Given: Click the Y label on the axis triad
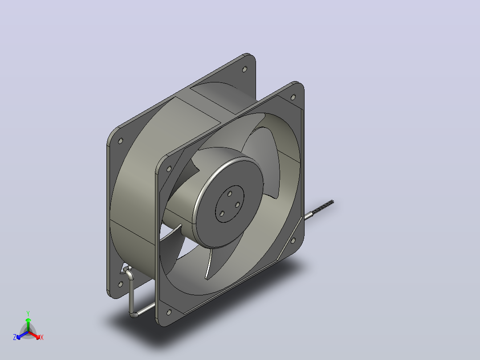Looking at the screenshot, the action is tap(28, 313).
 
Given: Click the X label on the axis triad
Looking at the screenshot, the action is tap(42, 337).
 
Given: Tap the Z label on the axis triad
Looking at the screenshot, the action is tap(15, 337).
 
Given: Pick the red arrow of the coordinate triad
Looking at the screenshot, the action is tap(34, 335).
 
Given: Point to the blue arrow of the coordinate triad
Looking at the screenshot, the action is tap(22, 335).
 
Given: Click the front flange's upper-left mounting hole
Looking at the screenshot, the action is tap(169, 169).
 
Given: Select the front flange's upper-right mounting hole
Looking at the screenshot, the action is tap(293, 97).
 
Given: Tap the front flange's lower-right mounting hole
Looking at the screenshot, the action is tap(293, 241).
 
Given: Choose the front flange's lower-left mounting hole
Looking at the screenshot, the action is tap(169, 312).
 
